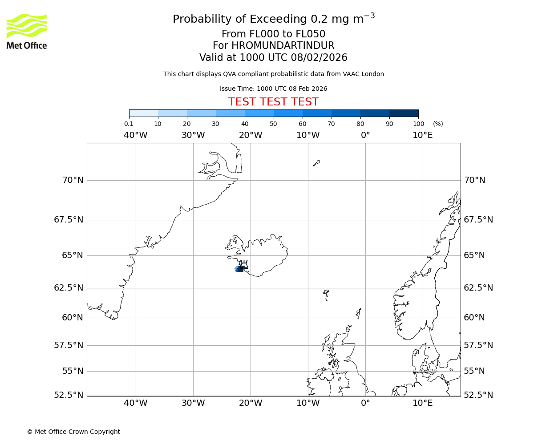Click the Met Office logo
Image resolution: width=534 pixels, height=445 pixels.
coord(27,31)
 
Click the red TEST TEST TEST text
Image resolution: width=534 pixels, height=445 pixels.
coord(273,102)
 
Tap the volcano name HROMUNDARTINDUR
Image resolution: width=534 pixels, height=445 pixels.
coord(283,46)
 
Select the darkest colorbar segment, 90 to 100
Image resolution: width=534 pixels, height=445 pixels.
coord(404,113)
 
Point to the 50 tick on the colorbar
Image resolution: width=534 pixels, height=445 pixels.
coord(273,124)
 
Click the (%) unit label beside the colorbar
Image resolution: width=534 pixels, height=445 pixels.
coord(438,124)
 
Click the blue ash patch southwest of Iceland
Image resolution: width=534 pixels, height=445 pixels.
coord(239,269)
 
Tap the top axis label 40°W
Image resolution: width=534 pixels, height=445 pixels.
coord(135,135)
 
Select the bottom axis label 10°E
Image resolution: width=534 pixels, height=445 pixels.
coord(422,403)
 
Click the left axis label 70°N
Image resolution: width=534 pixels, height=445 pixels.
coord(72,180)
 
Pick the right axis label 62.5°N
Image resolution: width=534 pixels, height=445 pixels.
coord(478,288)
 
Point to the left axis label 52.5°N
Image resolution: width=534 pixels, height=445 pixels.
coord(69,395)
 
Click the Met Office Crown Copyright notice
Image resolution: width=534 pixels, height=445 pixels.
coord(73,432)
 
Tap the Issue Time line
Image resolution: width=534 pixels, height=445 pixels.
coord(273,89)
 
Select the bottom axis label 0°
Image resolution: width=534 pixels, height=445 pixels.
coord(365,403)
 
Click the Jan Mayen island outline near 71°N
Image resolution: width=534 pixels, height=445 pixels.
coord(316,163)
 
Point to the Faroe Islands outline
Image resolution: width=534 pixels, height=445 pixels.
coord(326,294)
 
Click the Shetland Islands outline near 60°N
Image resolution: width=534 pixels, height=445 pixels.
coord(359,313)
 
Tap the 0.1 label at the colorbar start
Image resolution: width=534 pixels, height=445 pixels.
coord(129,124)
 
